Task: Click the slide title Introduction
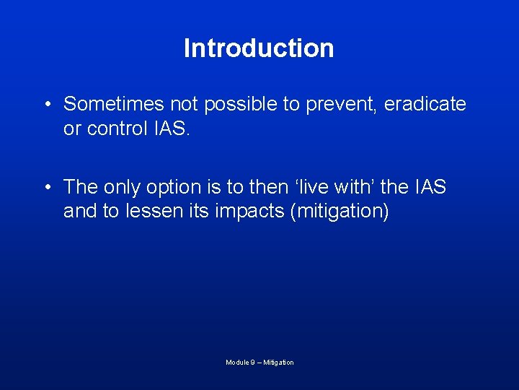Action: [259, 48]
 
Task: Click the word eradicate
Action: [425, 104]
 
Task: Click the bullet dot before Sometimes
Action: [46, 105]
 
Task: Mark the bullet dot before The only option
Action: [46, 188]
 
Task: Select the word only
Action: [122, 188]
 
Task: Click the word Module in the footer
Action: [236, 363]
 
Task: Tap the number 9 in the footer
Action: [252, 363]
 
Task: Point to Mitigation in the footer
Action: [279, 363]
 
